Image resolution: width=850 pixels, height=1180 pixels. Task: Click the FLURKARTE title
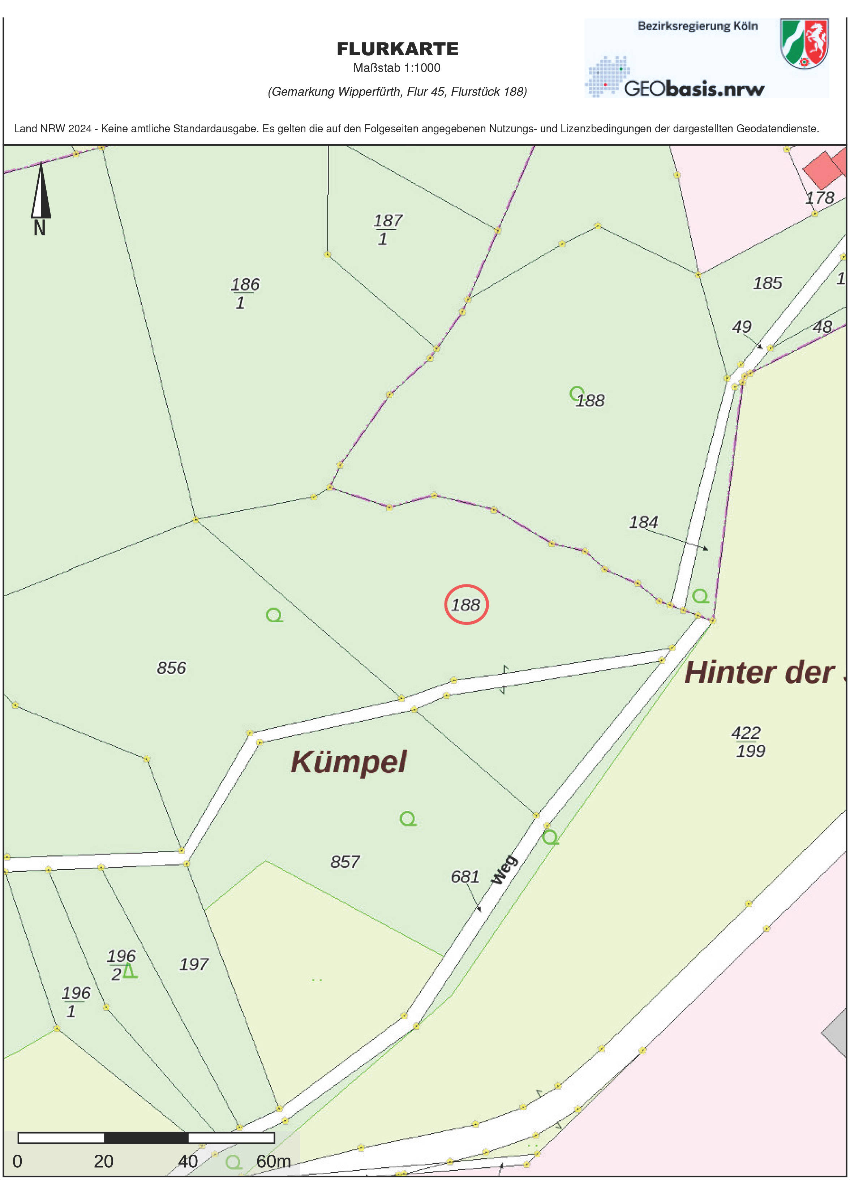(x=398, y=49)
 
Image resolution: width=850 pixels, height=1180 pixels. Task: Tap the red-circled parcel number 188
(x=465, y=605)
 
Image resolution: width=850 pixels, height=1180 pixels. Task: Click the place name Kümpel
(x=348, y=762)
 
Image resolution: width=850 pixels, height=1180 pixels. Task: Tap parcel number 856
(x=171, y=668)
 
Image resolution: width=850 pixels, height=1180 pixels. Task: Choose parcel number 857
(x=345, y=862)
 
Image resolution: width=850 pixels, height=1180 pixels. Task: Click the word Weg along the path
(x=505, y=870)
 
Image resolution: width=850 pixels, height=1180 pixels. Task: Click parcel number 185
(x=767, y=283)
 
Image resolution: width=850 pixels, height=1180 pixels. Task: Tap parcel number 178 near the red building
(x=819, y=198)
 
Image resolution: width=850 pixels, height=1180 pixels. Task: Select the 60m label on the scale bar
(x=273, y=1161)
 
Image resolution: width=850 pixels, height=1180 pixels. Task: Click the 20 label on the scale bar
(x=103, y=1161)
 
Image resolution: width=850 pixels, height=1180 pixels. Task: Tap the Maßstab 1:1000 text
(x=396, y=68)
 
